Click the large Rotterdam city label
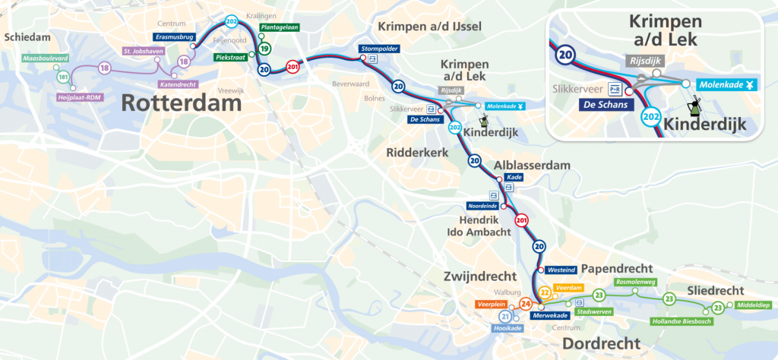(181, 102)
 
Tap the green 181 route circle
(63, 77)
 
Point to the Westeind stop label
(559, 270)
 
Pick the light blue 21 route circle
(505, 317)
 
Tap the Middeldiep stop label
(751, 305)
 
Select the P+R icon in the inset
(615, 88)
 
